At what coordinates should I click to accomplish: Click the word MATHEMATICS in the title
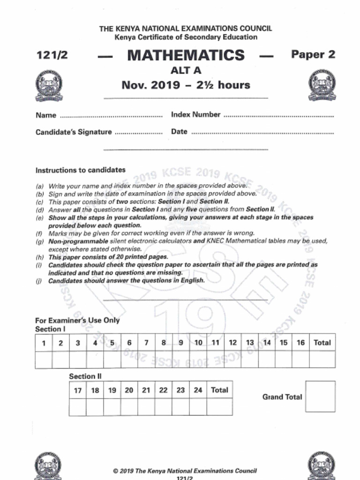pyautogui.click(x=186, y=55)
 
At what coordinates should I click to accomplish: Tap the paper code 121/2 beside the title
pyautogui.click(x=52, y=55)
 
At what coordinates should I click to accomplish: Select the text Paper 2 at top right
pyautogui.click(x=313, y=54)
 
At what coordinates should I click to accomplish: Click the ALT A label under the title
pyautogui.click(x=186, y=71)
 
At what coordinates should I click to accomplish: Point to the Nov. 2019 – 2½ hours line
pyautogui.click(x=186, y=85)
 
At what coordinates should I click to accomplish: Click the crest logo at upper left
pyautogui.click(x=49, y=86)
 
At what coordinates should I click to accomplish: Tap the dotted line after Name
pyautogui.click(x=111, y=116)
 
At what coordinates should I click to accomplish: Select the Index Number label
pyautogui.click(x=195, y=114)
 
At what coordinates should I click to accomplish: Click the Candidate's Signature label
pyautogui.click(x=74, y=132)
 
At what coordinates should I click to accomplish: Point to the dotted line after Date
pyautogui.click(x=262, y=133)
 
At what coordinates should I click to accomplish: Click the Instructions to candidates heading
pyautogui.click(x=80, y=170)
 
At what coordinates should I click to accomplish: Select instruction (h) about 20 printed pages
pyautogui.click(x=108, y=257)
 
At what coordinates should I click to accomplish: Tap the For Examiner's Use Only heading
pyautogui.click(x=77, y=321)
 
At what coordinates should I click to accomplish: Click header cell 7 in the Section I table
pyautogui.click(x=146, y=343)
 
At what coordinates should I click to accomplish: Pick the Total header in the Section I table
pyautogui.click(x=322, y=343)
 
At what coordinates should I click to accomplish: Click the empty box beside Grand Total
pyautogui.click(x=320, y=397)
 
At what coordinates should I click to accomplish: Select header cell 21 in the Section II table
pyautogui.click(x=146, y=390)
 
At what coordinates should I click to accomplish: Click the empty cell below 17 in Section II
pyautogui.click(x=77, y=407)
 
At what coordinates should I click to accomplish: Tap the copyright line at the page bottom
pyautogui.click(x=185, y=471)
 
